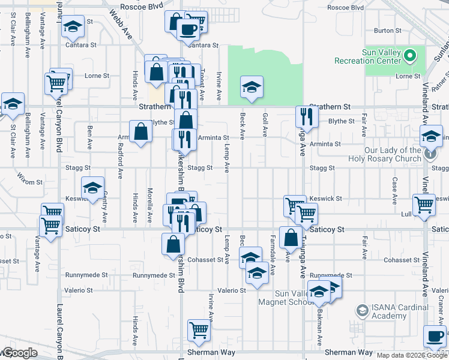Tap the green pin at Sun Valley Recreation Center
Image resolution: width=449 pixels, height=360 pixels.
411,56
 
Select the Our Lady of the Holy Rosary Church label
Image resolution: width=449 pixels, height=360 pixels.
384,155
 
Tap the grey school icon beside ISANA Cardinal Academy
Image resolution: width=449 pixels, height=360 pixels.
362,310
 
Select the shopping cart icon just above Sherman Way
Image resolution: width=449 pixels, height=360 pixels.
199,329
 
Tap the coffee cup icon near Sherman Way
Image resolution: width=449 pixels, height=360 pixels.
435,335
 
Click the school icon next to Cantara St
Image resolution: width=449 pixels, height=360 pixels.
73,27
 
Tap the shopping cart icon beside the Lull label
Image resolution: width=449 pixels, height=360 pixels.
424,205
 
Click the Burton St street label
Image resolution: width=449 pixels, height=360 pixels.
387,30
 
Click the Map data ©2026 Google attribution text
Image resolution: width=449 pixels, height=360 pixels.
412,355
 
